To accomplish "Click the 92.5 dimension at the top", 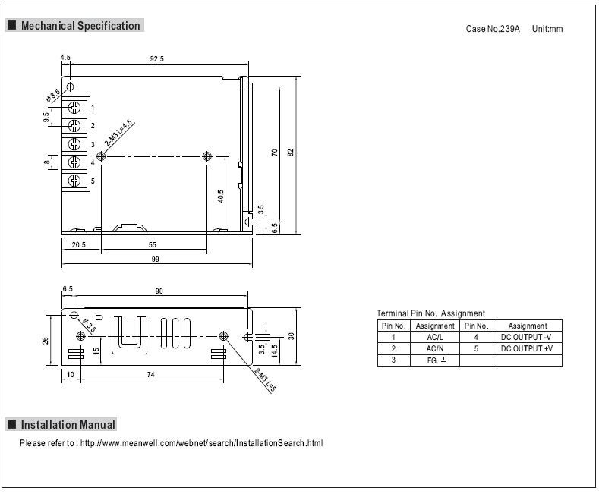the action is (x=156, y=58).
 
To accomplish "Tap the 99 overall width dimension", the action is (x=155, y=260).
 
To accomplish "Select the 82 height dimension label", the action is (x=291, y=153).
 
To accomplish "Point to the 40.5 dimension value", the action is (x=220, y=197).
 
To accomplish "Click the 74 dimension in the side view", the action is (x=150, y=375).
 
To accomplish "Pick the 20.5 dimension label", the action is (x=79, y=244).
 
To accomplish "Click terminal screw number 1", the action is (x=74, y=108).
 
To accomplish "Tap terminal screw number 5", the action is (x=74, y=180).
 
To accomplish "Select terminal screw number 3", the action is (x=74, y=144).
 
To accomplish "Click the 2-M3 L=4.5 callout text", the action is (x=118, y=134).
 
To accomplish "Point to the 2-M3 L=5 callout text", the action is (x=265, y=380).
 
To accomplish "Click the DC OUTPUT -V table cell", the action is (x=527, y=337).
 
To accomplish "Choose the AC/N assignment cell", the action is (x=435, y=348).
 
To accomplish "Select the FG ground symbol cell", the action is (x=435, y=360).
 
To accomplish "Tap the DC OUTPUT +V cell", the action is (x=527, y=348).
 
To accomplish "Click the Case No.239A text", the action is (x=493, y=29).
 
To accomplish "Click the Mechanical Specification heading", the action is (x=80, y=26).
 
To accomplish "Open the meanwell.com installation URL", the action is (x=201, y=443).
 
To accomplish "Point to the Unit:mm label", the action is (x=547, y=29).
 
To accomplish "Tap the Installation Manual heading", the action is (x=68, y=425).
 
